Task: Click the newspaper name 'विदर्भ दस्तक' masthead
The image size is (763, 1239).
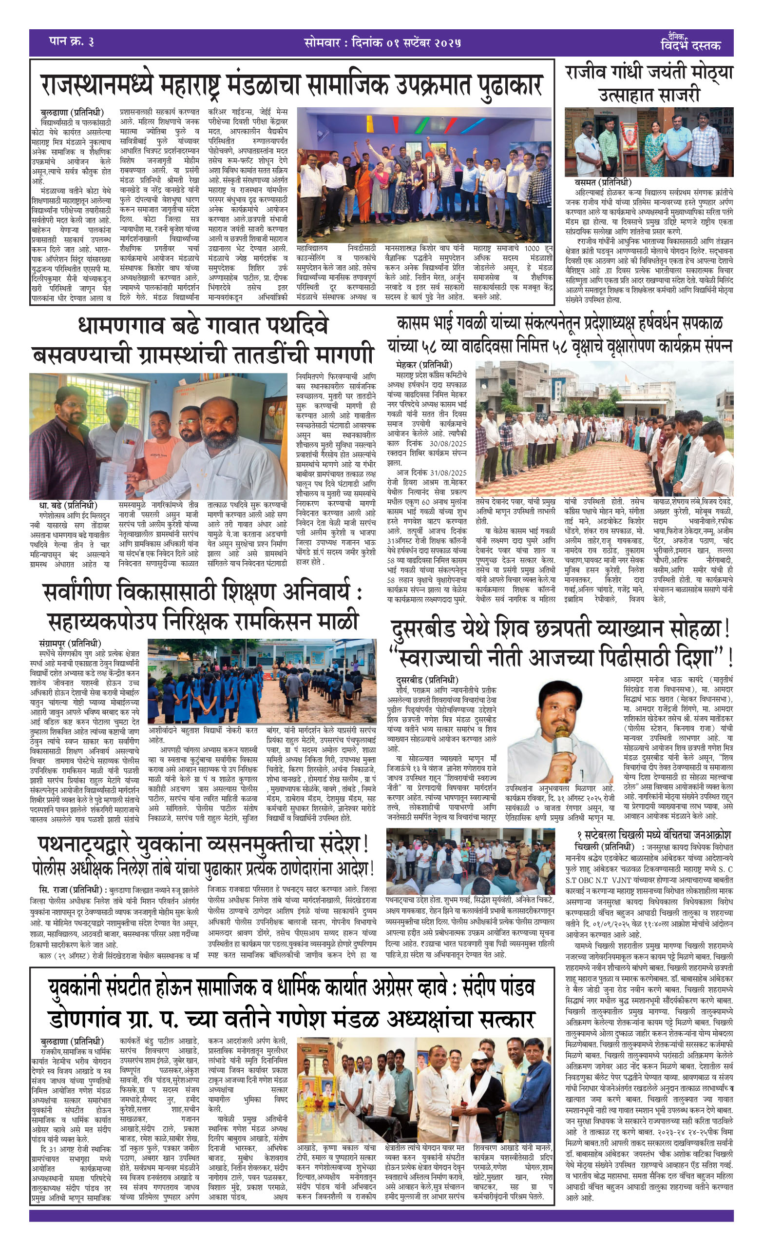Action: click(x=690, y=44)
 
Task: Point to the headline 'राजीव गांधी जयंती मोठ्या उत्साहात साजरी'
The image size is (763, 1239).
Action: click(x=649, y=83)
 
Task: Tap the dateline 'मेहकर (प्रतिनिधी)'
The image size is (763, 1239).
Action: click(x=424, y=365)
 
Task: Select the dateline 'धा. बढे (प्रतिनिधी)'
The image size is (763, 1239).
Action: click(x=68, y=505)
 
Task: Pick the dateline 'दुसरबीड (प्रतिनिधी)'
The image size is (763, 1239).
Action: click(x=427, y=680)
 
